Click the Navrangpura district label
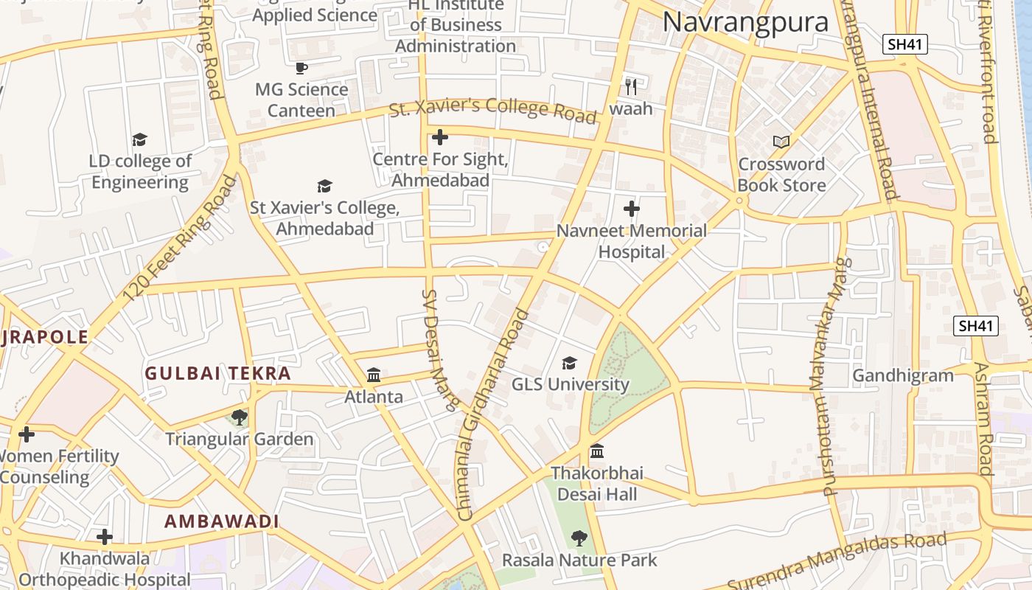coord(745,22)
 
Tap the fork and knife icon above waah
coord(630,87)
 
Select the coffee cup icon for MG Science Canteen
coord(301,69)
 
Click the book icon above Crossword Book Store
coord(781,142)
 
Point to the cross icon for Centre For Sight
coord(440,137)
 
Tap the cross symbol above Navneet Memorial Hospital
coord(631,209)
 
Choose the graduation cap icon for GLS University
coord(569,363)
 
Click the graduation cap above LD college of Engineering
coord(139,139)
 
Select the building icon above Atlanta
coord(374,375)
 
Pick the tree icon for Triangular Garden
coord(239,418)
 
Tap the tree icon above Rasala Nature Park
coord(579,538)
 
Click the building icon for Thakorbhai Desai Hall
coord(597,451)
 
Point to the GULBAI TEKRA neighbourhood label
coord(218,373)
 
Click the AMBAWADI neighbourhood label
coord(221,521)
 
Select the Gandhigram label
coord(903,375)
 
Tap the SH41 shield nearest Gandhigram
coord(975,325)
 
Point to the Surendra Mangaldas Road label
coord(837,559)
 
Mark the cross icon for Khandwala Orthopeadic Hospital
coord(105,537)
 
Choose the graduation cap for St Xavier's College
coord(324,186)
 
